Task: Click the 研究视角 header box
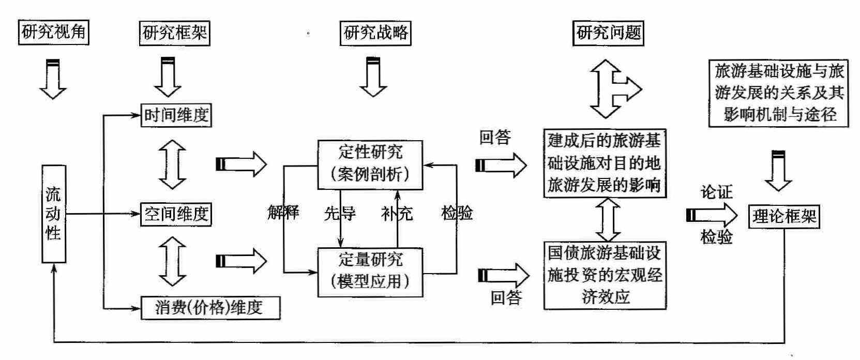click(x=53, y=33)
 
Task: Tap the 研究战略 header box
click(x=376, y=33)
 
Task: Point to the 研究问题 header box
click(x=609, y=33)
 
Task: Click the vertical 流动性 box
click(x=53, y=214)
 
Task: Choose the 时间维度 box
click(x=176, y=115)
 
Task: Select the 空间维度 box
click(x=176, y=214)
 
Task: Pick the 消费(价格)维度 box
click(x=210, y=308)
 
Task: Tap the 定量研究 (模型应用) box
click(x=370, y=272)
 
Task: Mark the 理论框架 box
click(x=784, y=216)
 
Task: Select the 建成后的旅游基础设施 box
click(x=604, y=163)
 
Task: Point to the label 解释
click(x=283, y=213)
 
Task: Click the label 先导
click(x=340, y=213)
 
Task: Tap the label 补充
click(x=397, y=213)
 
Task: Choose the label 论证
click(x=716, y=192)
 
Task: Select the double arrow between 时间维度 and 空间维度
click(x=172, y=164)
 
